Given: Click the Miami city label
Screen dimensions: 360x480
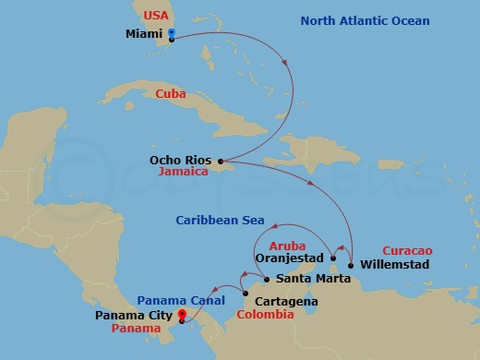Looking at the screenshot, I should [142, 35].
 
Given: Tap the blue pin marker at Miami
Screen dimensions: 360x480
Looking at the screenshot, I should [171, 36].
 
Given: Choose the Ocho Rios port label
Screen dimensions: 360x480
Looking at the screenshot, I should [181, 159].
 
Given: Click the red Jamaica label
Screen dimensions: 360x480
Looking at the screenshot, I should [182, 172].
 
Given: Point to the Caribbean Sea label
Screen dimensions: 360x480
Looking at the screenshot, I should [221, 221].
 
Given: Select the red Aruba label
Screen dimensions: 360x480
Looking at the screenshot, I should [285, 247].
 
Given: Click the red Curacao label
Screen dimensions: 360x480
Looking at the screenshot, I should [407, 249].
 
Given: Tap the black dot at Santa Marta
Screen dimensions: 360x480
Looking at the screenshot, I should [267, 279].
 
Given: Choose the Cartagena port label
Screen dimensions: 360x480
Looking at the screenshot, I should [286, 301].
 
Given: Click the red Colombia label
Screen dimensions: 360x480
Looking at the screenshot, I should [266, 315].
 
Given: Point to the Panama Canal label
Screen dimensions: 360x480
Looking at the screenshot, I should [181, 301].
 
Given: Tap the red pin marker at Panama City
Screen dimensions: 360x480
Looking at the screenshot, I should [182, 315].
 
